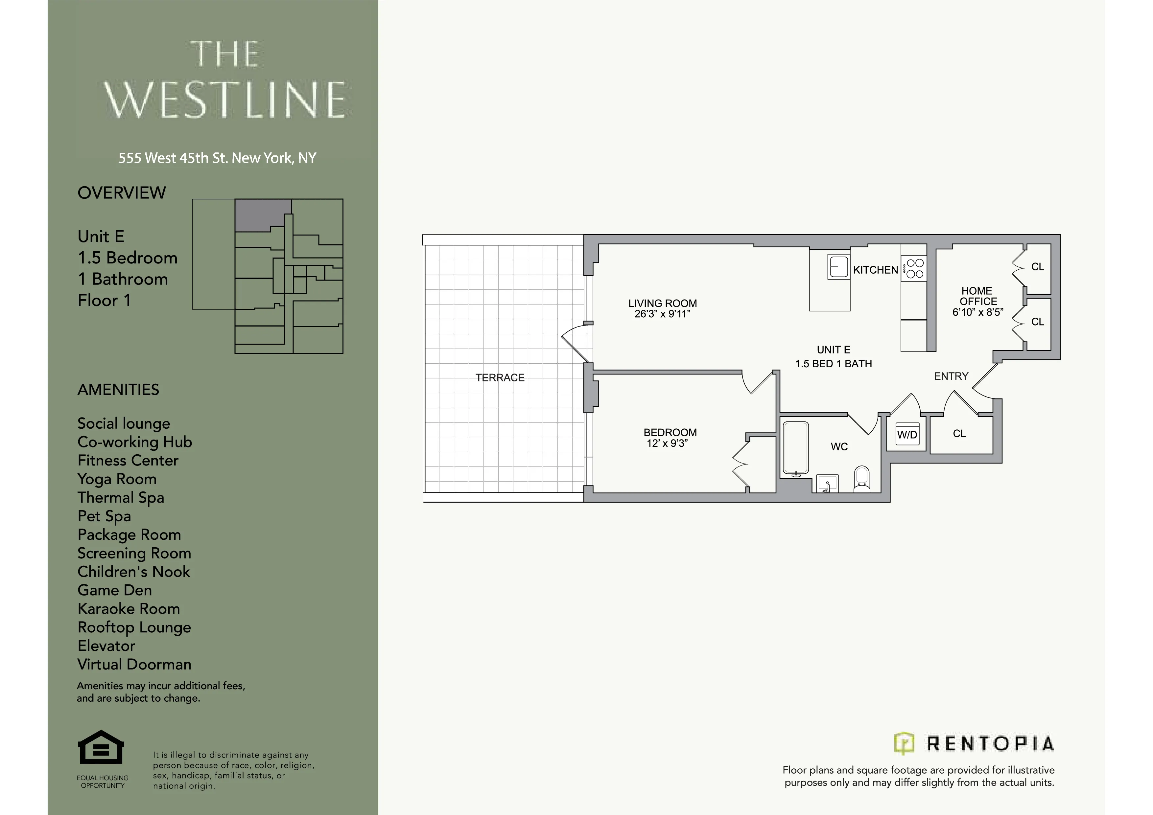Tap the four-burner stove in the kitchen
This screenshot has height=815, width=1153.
[x=914, y=268]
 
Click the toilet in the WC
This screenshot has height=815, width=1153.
[x=862, y=479]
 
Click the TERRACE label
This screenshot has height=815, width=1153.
[x=500, y=378]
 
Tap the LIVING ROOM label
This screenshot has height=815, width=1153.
[x=662, y=303]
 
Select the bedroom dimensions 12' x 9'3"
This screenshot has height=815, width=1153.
[x=667, y=443]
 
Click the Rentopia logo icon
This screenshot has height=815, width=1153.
[x=904, y=744]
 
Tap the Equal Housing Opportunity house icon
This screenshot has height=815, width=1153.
[x=101, y=748]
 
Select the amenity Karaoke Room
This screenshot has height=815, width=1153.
[x=129, y=609]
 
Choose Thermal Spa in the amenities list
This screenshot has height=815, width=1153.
[x=121, y=498]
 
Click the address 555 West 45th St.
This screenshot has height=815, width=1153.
[x=217, y=158]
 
